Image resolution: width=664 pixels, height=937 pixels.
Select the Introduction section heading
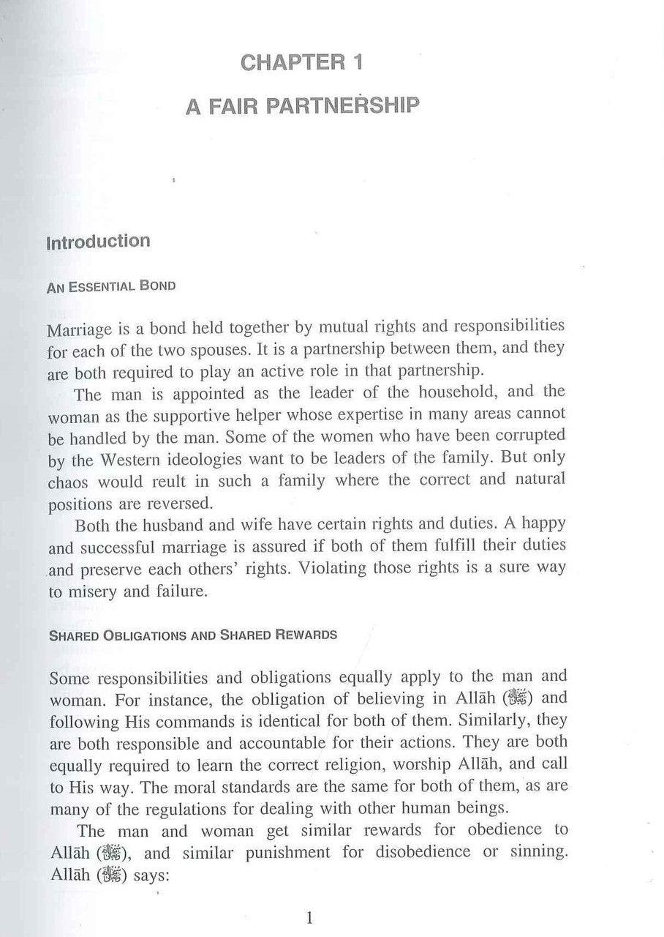tap(98, 242)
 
